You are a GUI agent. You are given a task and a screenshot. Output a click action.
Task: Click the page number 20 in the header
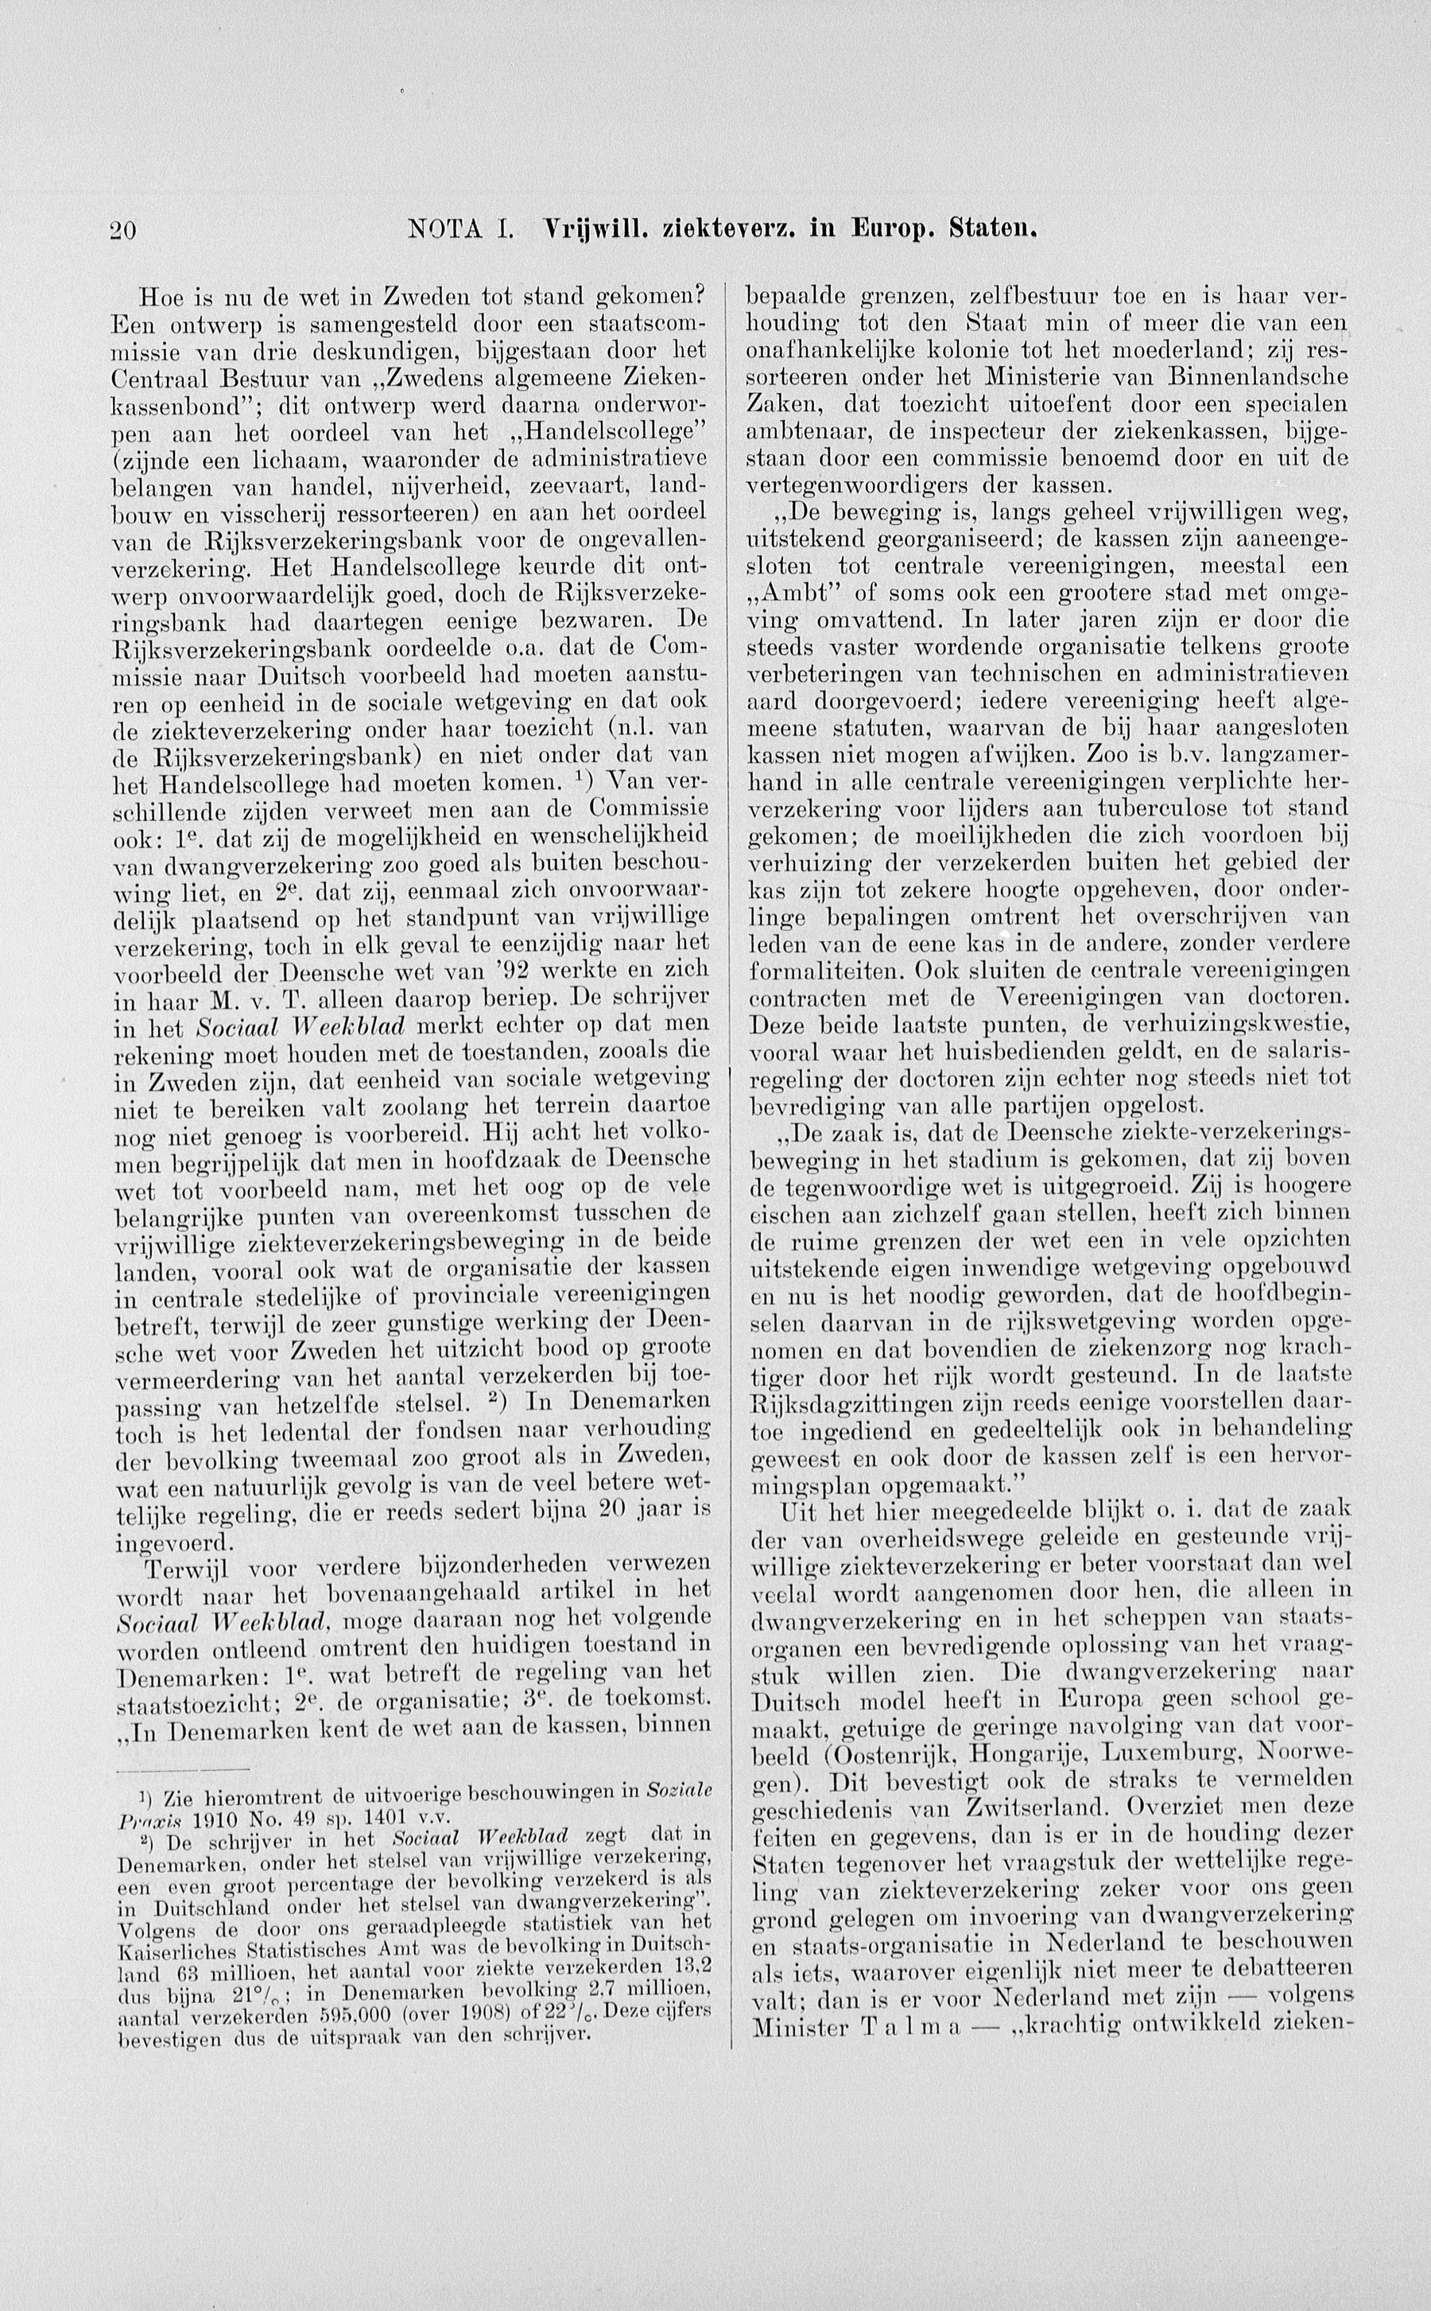tap(125, 229)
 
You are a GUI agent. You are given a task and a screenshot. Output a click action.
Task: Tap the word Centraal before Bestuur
tap(169, 379)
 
